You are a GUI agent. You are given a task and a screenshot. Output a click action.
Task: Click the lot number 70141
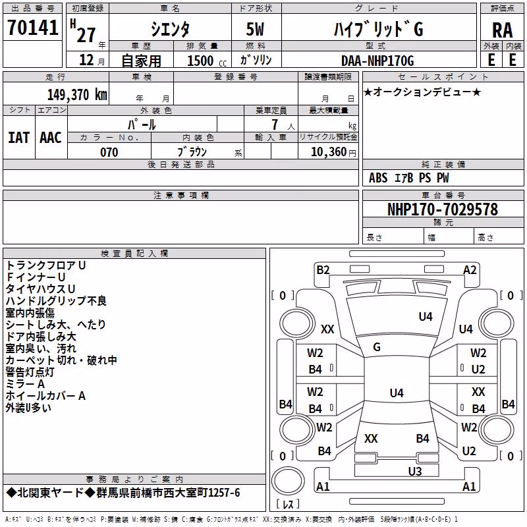pos(32,27)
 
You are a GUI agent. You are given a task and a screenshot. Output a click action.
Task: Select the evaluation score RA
pos(502,30)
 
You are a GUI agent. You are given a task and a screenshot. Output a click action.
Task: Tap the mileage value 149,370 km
pos(77,94)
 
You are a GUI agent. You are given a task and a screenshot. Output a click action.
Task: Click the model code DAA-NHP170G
pos(377,61)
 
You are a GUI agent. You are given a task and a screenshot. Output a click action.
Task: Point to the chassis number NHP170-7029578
pos(442,209)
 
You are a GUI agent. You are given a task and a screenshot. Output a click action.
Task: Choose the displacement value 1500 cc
pos(207,61)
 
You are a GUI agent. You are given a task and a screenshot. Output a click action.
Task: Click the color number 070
pos(109,152)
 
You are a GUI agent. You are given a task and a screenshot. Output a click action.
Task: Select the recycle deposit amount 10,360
pos(329,152)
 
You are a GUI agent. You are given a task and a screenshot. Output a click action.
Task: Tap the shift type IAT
pos(18,138)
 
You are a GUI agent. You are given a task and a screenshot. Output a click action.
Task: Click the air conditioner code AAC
pos(51,138)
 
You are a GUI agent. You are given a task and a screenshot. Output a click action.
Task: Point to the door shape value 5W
pos(255,29)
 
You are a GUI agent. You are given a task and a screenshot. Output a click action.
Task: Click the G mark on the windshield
pos(377,347)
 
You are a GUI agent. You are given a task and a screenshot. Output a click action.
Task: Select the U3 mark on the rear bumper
pos(415,472)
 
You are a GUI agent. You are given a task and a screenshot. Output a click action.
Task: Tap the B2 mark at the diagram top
pos(323,270)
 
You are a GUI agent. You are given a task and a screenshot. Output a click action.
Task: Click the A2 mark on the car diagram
pos(470,270)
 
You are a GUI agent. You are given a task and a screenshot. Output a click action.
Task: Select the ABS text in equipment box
pos(378,178)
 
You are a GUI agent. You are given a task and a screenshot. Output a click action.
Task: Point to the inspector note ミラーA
pos(25,384)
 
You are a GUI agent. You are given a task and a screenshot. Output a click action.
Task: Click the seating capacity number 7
pos(275,125)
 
